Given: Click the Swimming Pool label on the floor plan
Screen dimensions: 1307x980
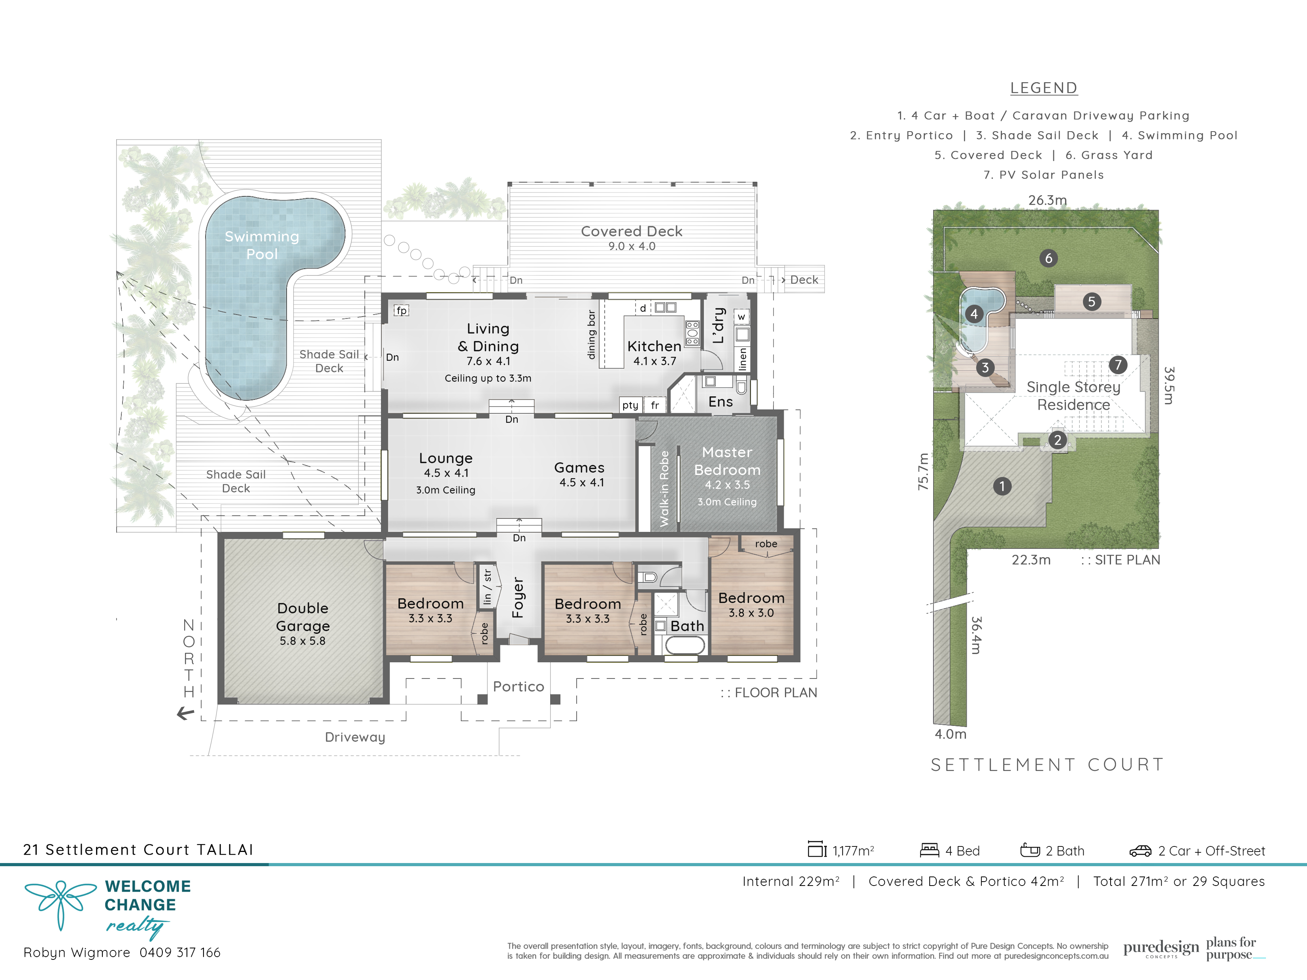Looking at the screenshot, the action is coord(262,245).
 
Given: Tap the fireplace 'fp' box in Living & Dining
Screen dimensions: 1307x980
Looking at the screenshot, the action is coord(401,311).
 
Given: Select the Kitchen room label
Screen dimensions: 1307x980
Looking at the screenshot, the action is coord(654,346).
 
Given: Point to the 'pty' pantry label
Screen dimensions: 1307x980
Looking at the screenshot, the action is coord(630,405).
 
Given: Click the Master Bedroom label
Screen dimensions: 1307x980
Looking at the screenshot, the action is coord(727,461).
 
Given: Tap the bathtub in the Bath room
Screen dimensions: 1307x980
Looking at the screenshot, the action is coord(685,645).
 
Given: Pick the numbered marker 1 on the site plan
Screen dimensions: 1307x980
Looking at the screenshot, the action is coord(1002,486).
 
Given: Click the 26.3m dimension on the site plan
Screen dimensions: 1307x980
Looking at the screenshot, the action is coord(1048,200).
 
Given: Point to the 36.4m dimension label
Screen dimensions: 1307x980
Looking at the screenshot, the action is coord(976,635).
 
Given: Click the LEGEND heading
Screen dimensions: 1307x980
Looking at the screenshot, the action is coord(1043,88).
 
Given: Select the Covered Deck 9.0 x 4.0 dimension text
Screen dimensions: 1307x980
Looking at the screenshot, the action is coord(632,246).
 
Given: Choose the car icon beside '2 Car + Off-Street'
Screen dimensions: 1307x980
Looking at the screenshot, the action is coord(1140,851).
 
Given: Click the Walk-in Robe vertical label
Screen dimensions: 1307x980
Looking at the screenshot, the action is coord(664,488).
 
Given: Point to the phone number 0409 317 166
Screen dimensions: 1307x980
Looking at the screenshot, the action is coord(179,953).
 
